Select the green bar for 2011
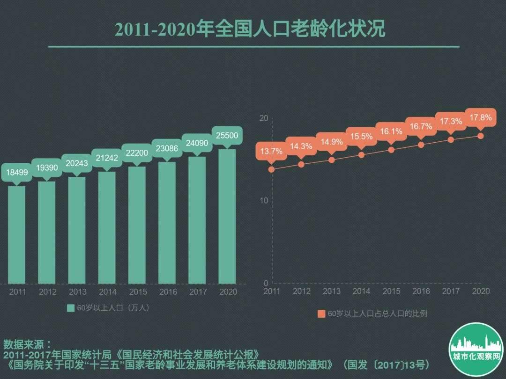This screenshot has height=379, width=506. tap(17, 234)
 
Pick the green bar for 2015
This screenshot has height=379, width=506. tap(137, 225)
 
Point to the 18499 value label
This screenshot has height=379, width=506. tap(17, 173)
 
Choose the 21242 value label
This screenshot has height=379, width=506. tap(107, 158)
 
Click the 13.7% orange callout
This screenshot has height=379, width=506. tap(272, 151)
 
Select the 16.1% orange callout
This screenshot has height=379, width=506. tap(391, 131)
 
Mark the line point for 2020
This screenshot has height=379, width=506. tap(481, 136)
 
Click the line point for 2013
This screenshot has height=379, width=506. tap(332, 160)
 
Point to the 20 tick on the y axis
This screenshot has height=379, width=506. tap(264, 118)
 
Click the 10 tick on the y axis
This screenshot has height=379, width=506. tap(264, 201)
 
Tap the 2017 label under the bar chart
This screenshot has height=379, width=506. tap(198, 292)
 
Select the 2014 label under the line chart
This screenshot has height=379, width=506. tap(361, 291)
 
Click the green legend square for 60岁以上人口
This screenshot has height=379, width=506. tap(71, 308)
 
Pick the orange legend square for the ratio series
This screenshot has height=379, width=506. tap(321, 314)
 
